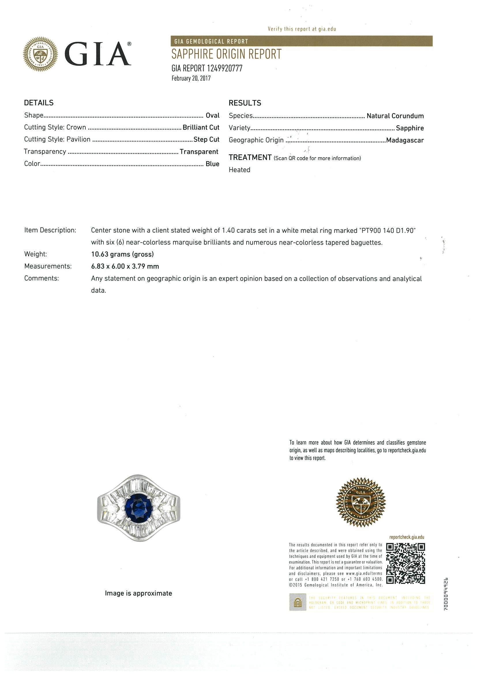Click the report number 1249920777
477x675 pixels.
225,68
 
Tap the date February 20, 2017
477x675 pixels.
191,78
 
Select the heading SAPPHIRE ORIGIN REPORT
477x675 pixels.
226,54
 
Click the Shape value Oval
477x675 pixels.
213,116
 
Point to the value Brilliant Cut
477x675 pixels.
201,127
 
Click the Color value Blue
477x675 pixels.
212,164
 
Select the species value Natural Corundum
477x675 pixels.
395,116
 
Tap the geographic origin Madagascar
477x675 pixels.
405,140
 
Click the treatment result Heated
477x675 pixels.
240,170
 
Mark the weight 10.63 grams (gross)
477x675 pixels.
122,254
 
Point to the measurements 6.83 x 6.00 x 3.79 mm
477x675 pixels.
125,267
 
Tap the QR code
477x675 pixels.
405,564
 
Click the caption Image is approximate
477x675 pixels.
138,593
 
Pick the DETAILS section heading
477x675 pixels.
39,103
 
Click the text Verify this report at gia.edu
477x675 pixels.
302,29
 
